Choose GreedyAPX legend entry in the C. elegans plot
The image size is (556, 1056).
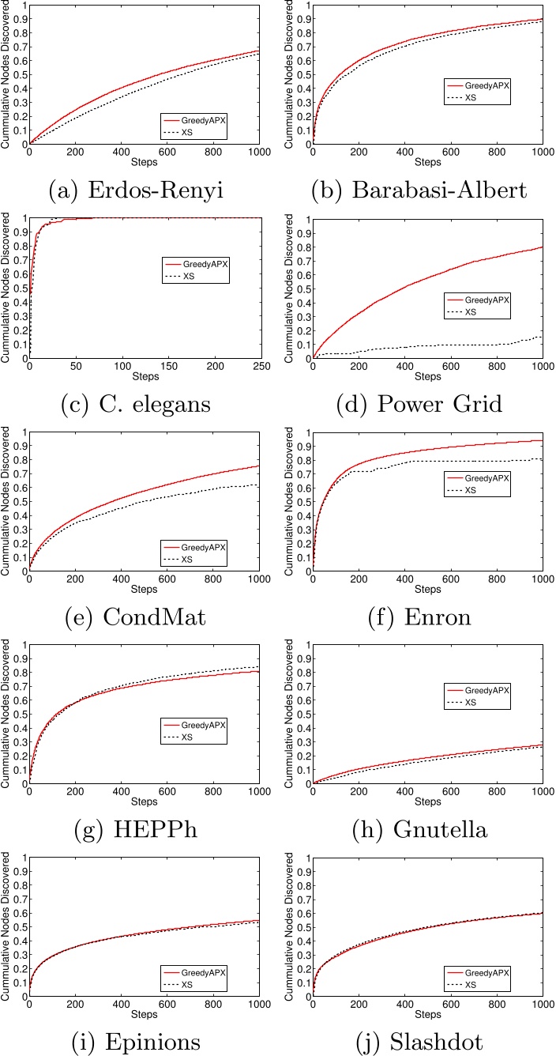click(205, 264)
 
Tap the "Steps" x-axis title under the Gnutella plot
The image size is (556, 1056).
click(428, 801)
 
